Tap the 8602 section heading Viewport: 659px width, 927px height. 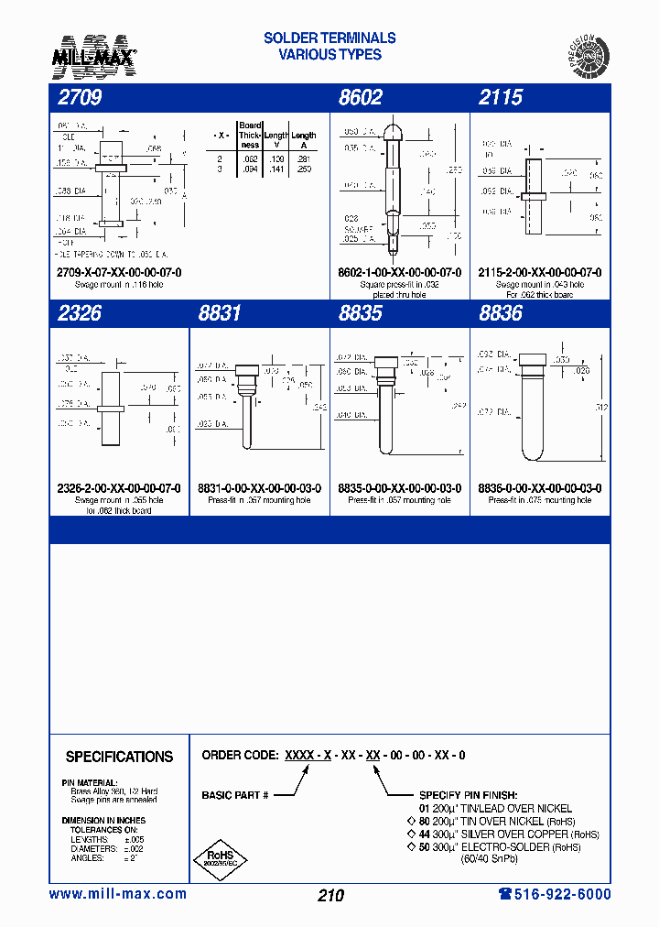tap(360, 98)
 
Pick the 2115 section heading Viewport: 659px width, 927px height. tap(501, 98)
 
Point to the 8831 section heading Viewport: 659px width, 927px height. tap(220, 313)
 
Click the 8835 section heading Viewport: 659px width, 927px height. tap(360, 313)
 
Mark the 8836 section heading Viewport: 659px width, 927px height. tap(501, 313)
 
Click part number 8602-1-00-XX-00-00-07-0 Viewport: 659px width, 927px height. tap(399, 273)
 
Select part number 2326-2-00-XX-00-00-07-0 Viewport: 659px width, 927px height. tap(119, 488)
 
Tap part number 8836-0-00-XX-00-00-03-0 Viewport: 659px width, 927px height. tap(540, 488)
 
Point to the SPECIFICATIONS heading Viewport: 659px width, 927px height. tap(119, 757)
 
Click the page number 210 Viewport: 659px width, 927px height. tap(330, 895)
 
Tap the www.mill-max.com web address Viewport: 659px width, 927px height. tap(117, 894)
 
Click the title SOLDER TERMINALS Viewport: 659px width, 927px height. tap(329, 38)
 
